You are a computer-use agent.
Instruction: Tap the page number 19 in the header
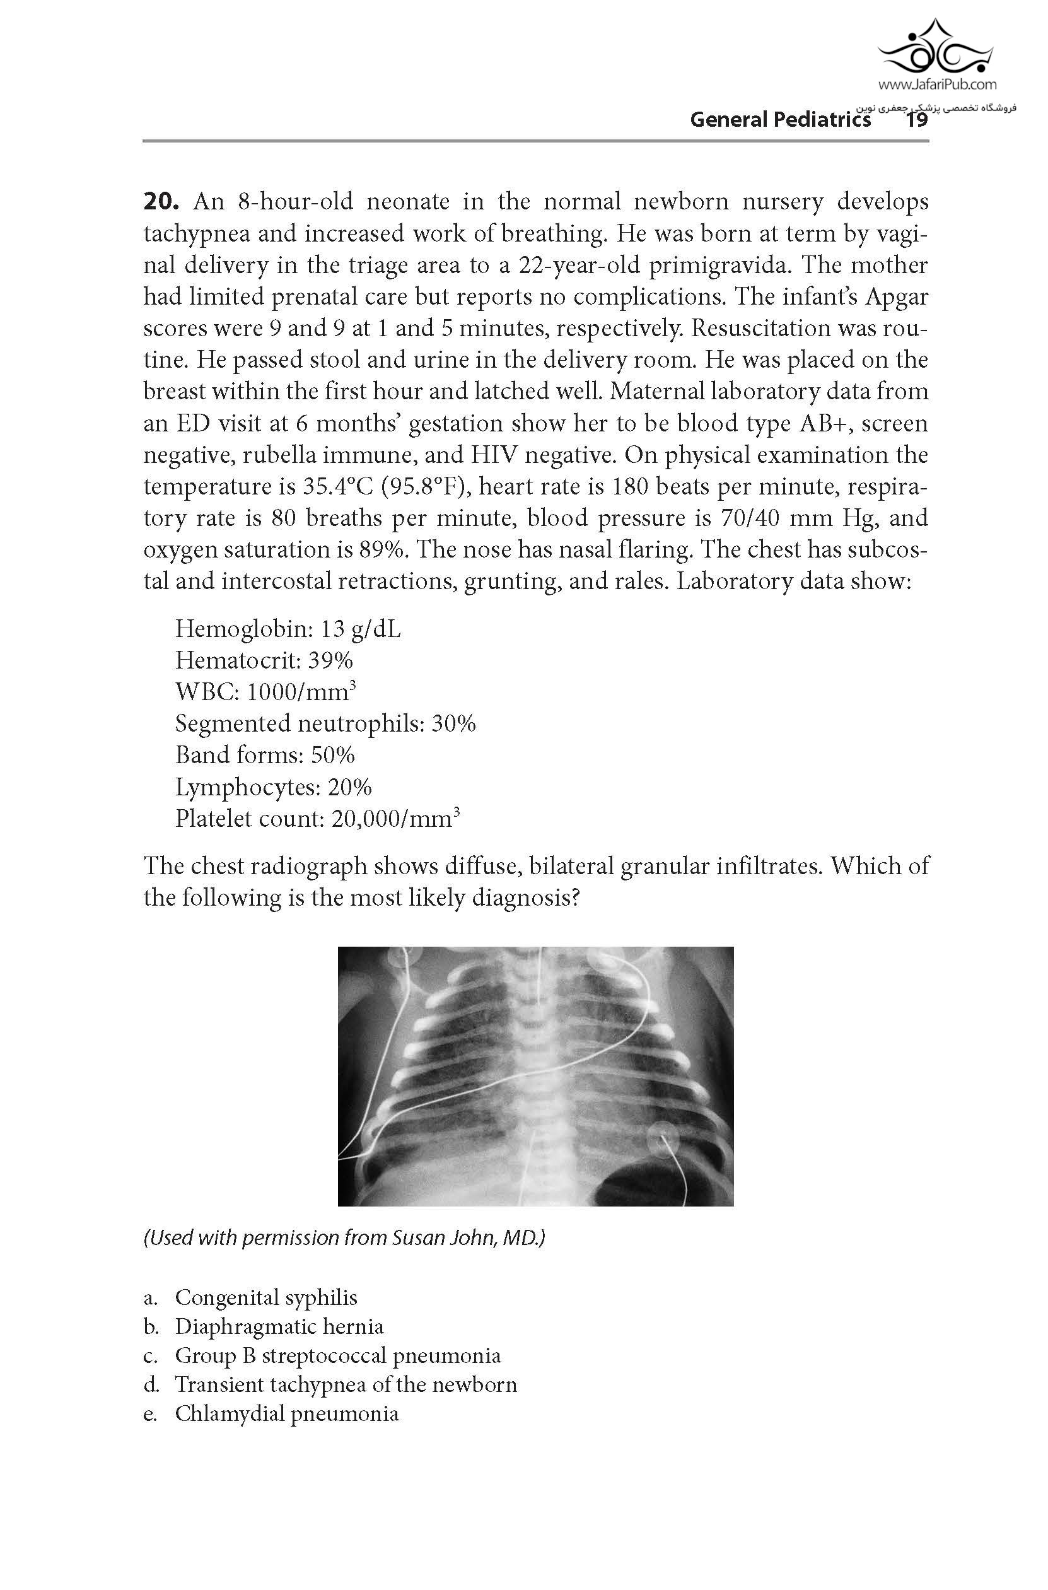916,120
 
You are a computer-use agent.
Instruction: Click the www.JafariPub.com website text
937,85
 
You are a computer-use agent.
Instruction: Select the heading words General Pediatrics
780,120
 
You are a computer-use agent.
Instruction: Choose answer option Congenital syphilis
265,1297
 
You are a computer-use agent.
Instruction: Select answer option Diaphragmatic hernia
279,1326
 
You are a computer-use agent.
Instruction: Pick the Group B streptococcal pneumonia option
337,1355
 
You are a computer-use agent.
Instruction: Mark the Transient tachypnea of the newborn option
346,1384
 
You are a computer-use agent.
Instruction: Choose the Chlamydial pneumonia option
286,1413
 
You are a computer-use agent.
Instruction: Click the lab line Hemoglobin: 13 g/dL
288,629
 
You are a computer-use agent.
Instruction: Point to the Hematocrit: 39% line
264,660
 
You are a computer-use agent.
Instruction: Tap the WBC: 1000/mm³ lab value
265,692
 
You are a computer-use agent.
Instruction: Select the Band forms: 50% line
265,755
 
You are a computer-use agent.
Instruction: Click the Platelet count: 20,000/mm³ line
317,818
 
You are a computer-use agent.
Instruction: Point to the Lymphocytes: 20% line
272,786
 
